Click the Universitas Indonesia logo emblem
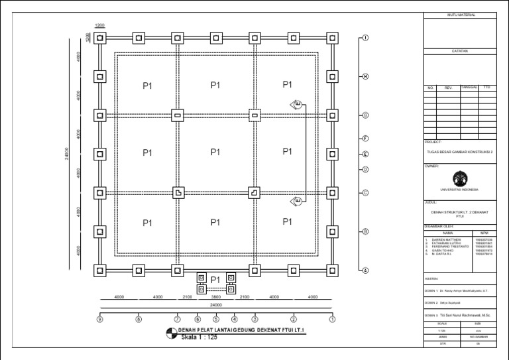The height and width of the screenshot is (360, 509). tap(459, 178)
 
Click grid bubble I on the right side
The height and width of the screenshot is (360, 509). tap(365, 38)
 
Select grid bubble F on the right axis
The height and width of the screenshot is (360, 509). tap(365, 138)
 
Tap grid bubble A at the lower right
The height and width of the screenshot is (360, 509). tap(365, 270)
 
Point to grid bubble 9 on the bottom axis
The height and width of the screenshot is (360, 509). tap(100, 320)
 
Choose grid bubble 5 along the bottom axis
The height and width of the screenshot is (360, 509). tap(216, 320)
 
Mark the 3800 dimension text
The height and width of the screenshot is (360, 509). tap(215, 297)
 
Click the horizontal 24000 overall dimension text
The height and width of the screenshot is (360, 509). tap(215, 306)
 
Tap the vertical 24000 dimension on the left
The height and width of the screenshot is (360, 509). tap(66, 154)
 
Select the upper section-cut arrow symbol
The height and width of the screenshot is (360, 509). tap(297, 103)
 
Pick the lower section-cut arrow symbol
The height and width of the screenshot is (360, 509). tap(297, 201)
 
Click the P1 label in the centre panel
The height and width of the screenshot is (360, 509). tap(215, 152)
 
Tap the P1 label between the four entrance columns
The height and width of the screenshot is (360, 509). tap(215, 280)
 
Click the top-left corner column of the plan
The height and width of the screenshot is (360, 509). tap(99, 38)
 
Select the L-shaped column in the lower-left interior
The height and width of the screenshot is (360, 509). tap(178, 193)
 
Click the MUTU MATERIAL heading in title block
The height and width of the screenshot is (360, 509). tap(463, 15)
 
